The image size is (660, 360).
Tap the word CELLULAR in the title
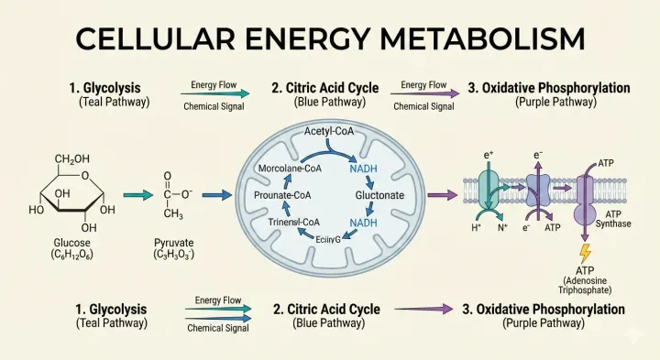(x=155, y=39)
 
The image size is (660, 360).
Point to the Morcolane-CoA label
(x=290, y=169)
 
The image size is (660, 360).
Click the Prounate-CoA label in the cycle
(x=282, y=195)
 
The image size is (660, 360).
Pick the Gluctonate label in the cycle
(x=379, y=195)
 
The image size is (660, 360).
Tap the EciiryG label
(x=328, y=240)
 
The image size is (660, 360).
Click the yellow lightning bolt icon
(x=585, y=254)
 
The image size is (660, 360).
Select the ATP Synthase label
(x=613, y=219)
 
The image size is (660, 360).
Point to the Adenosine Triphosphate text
(x=585, y=286)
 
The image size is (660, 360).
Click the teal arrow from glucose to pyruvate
(x=137, y=195)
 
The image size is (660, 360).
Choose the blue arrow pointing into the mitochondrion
(x=217, y=195)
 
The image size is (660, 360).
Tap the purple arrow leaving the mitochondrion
(x=443, y=195)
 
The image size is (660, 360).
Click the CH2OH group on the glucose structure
(x=72, y=159)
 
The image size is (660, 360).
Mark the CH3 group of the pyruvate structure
(x=173, y=213)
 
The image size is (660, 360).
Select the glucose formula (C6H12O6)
(x=72, y=254)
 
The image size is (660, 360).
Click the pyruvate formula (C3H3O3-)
(x=174, y=254)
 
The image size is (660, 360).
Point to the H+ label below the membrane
(x=476, y=227)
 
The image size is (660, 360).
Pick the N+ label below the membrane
(x=503, y=227)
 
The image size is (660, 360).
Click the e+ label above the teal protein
(x=489, y=155)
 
